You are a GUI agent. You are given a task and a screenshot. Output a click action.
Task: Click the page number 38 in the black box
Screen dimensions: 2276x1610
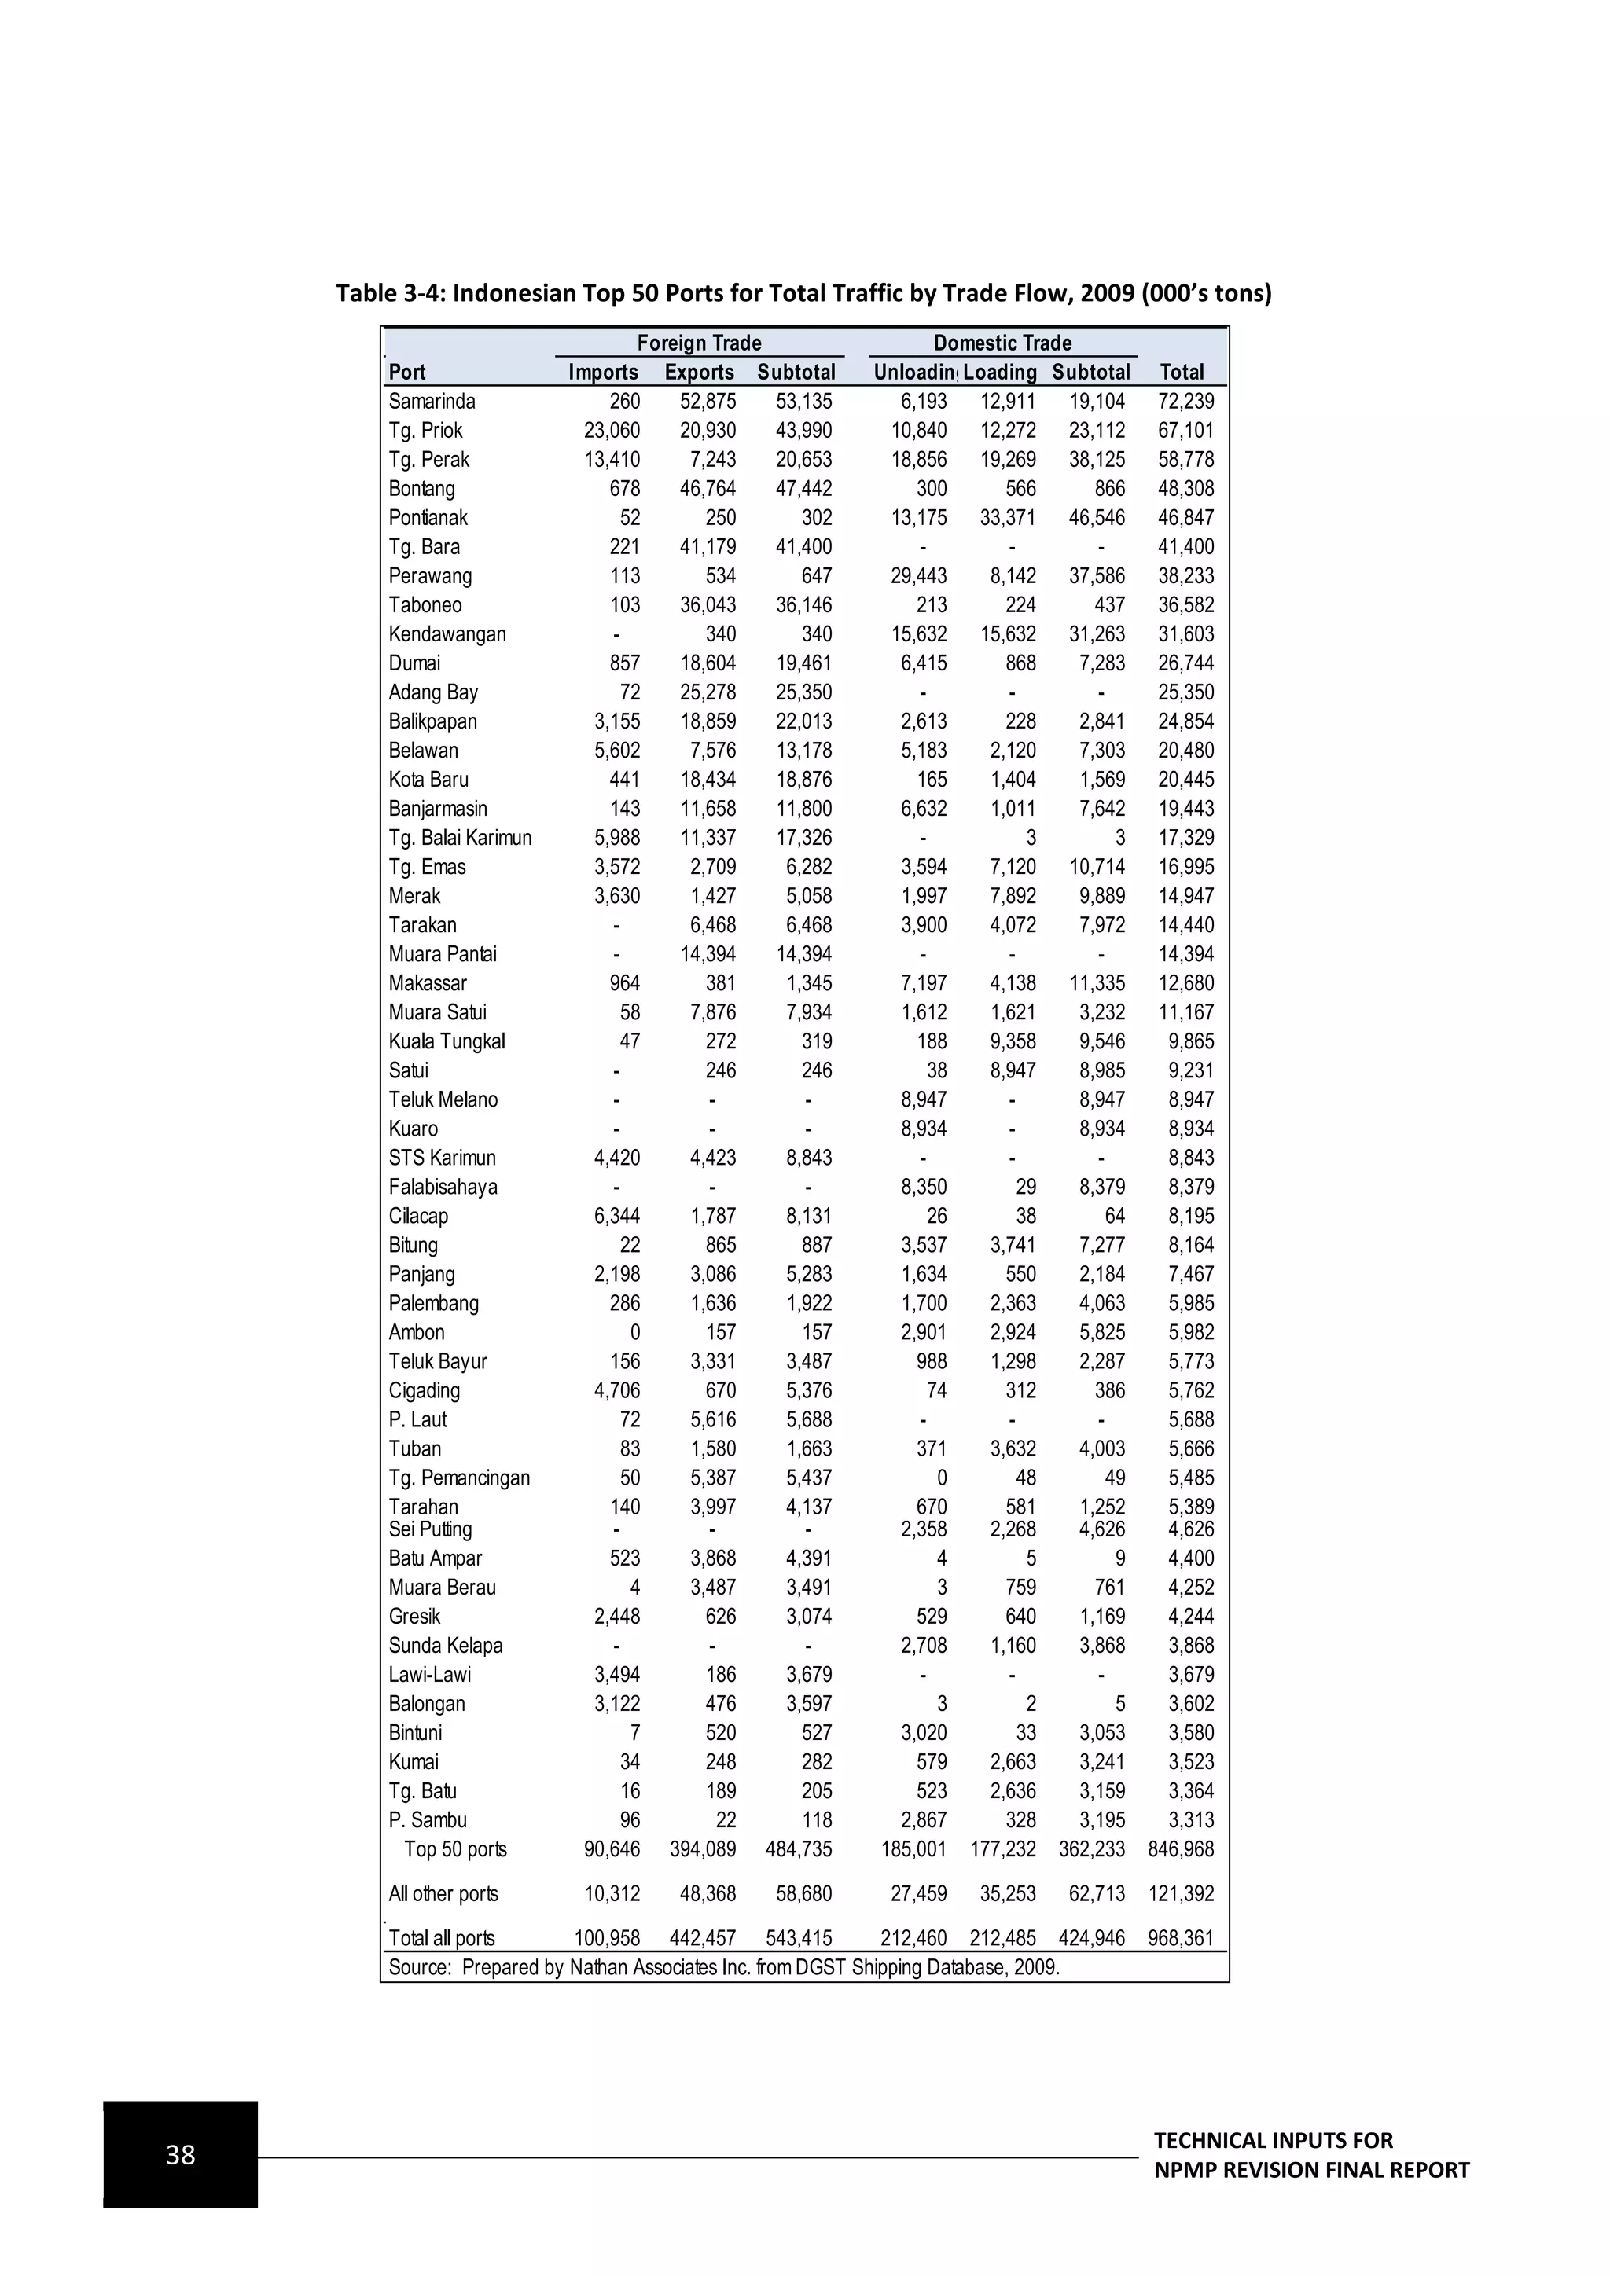(x=181, y=2155)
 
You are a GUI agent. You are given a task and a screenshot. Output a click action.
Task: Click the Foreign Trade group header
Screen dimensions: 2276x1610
(x=699, y=343)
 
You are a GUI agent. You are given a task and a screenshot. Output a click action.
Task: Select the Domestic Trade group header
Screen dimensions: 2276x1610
(x=1002, y=343)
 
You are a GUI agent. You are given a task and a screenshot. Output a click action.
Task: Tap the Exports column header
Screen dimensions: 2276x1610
(x=699, y=372)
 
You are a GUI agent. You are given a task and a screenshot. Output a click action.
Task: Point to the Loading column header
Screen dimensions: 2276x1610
(x=999, y=372)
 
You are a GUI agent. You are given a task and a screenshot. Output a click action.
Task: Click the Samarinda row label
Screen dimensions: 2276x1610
(x=432, y=402)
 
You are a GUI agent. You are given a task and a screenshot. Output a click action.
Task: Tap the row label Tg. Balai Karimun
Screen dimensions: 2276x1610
(x=459, y=838)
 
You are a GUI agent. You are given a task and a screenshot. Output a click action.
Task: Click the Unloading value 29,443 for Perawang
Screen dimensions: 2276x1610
(x=918, y=576)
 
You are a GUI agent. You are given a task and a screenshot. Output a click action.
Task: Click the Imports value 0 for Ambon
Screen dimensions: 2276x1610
(x=634, y=1332)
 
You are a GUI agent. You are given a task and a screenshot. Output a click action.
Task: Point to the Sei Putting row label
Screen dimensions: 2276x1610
(x=430, y=1529)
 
